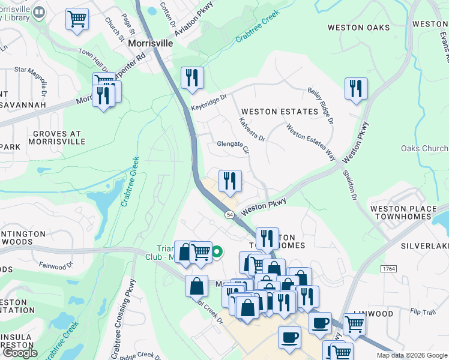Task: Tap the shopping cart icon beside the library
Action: [77, 20]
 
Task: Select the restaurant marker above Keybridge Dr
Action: [192, 77]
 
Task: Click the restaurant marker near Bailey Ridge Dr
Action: [356, 89]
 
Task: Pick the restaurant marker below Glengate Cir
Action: [229, 181]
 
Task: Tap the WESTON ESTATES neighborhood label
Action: [279, 112]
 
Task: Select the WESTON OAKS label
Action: [359, 28]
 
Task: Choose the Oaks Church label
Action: [424, 148]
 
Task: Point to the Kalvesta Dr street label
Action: [252, 130]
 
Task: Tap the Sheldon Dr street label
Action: [349, 186]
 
